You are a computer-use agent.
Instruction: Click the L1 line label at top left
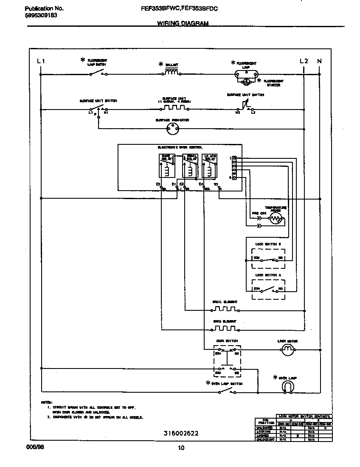pos(41,61)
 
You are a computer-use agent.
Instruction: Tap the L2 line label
pos(304,61)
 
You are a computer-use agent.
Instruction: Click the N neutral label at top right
pos(319,61)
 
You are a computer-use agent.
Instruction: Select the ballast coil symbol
pos(171,72)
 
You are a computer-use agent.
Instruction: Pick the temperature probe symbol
pos(276,219)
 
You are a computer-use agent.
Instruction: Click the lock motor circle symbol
pos(288,349)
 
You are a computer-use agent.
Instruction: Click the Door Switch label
pos(227,341)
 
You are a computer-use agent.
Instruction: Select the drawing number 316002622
pos(181,433)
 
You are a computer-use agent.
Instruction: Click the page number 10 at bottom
pos(181,447)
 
